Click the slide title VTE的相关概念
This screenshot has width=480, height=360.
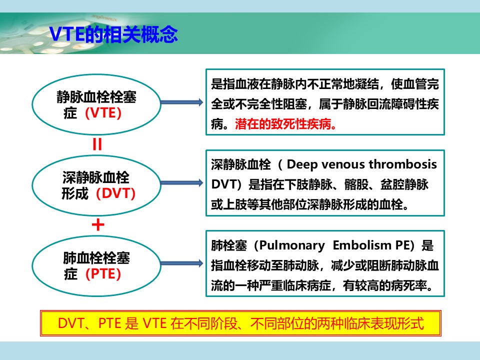[113, 33]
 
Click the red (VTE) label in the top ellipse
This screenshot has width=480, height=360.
[103, 113]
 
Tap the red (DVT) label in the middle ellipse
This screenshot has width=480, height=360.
[115, 193]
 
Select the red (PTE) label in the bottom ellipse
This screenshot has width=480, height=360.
[103, 273]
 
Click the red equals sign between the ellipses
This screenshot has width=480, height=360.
[97, 144]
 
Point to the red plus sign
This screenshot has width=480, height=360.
[98, 225]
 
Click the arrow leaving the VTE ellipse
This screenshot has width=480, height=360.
[182, 102]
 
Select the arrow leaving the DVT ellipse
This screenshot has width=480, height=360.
[182, 183]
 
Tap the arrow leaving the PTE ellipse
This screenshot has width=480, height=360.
[182, 263]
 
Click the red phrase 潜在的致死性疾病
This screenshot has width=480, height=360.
[285, 124]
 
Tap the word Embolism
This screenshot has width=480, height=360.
[362, 245]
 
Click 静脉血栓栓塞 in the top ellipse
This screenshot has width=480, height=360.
[96, 96]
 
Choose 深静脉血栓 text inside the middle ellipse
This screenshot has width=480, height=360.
[96, 177]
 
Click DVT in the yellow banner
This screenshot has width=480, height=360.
[70, 323]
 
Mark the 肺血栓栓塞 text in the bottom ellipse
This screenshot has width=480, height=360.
[96, 258]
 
